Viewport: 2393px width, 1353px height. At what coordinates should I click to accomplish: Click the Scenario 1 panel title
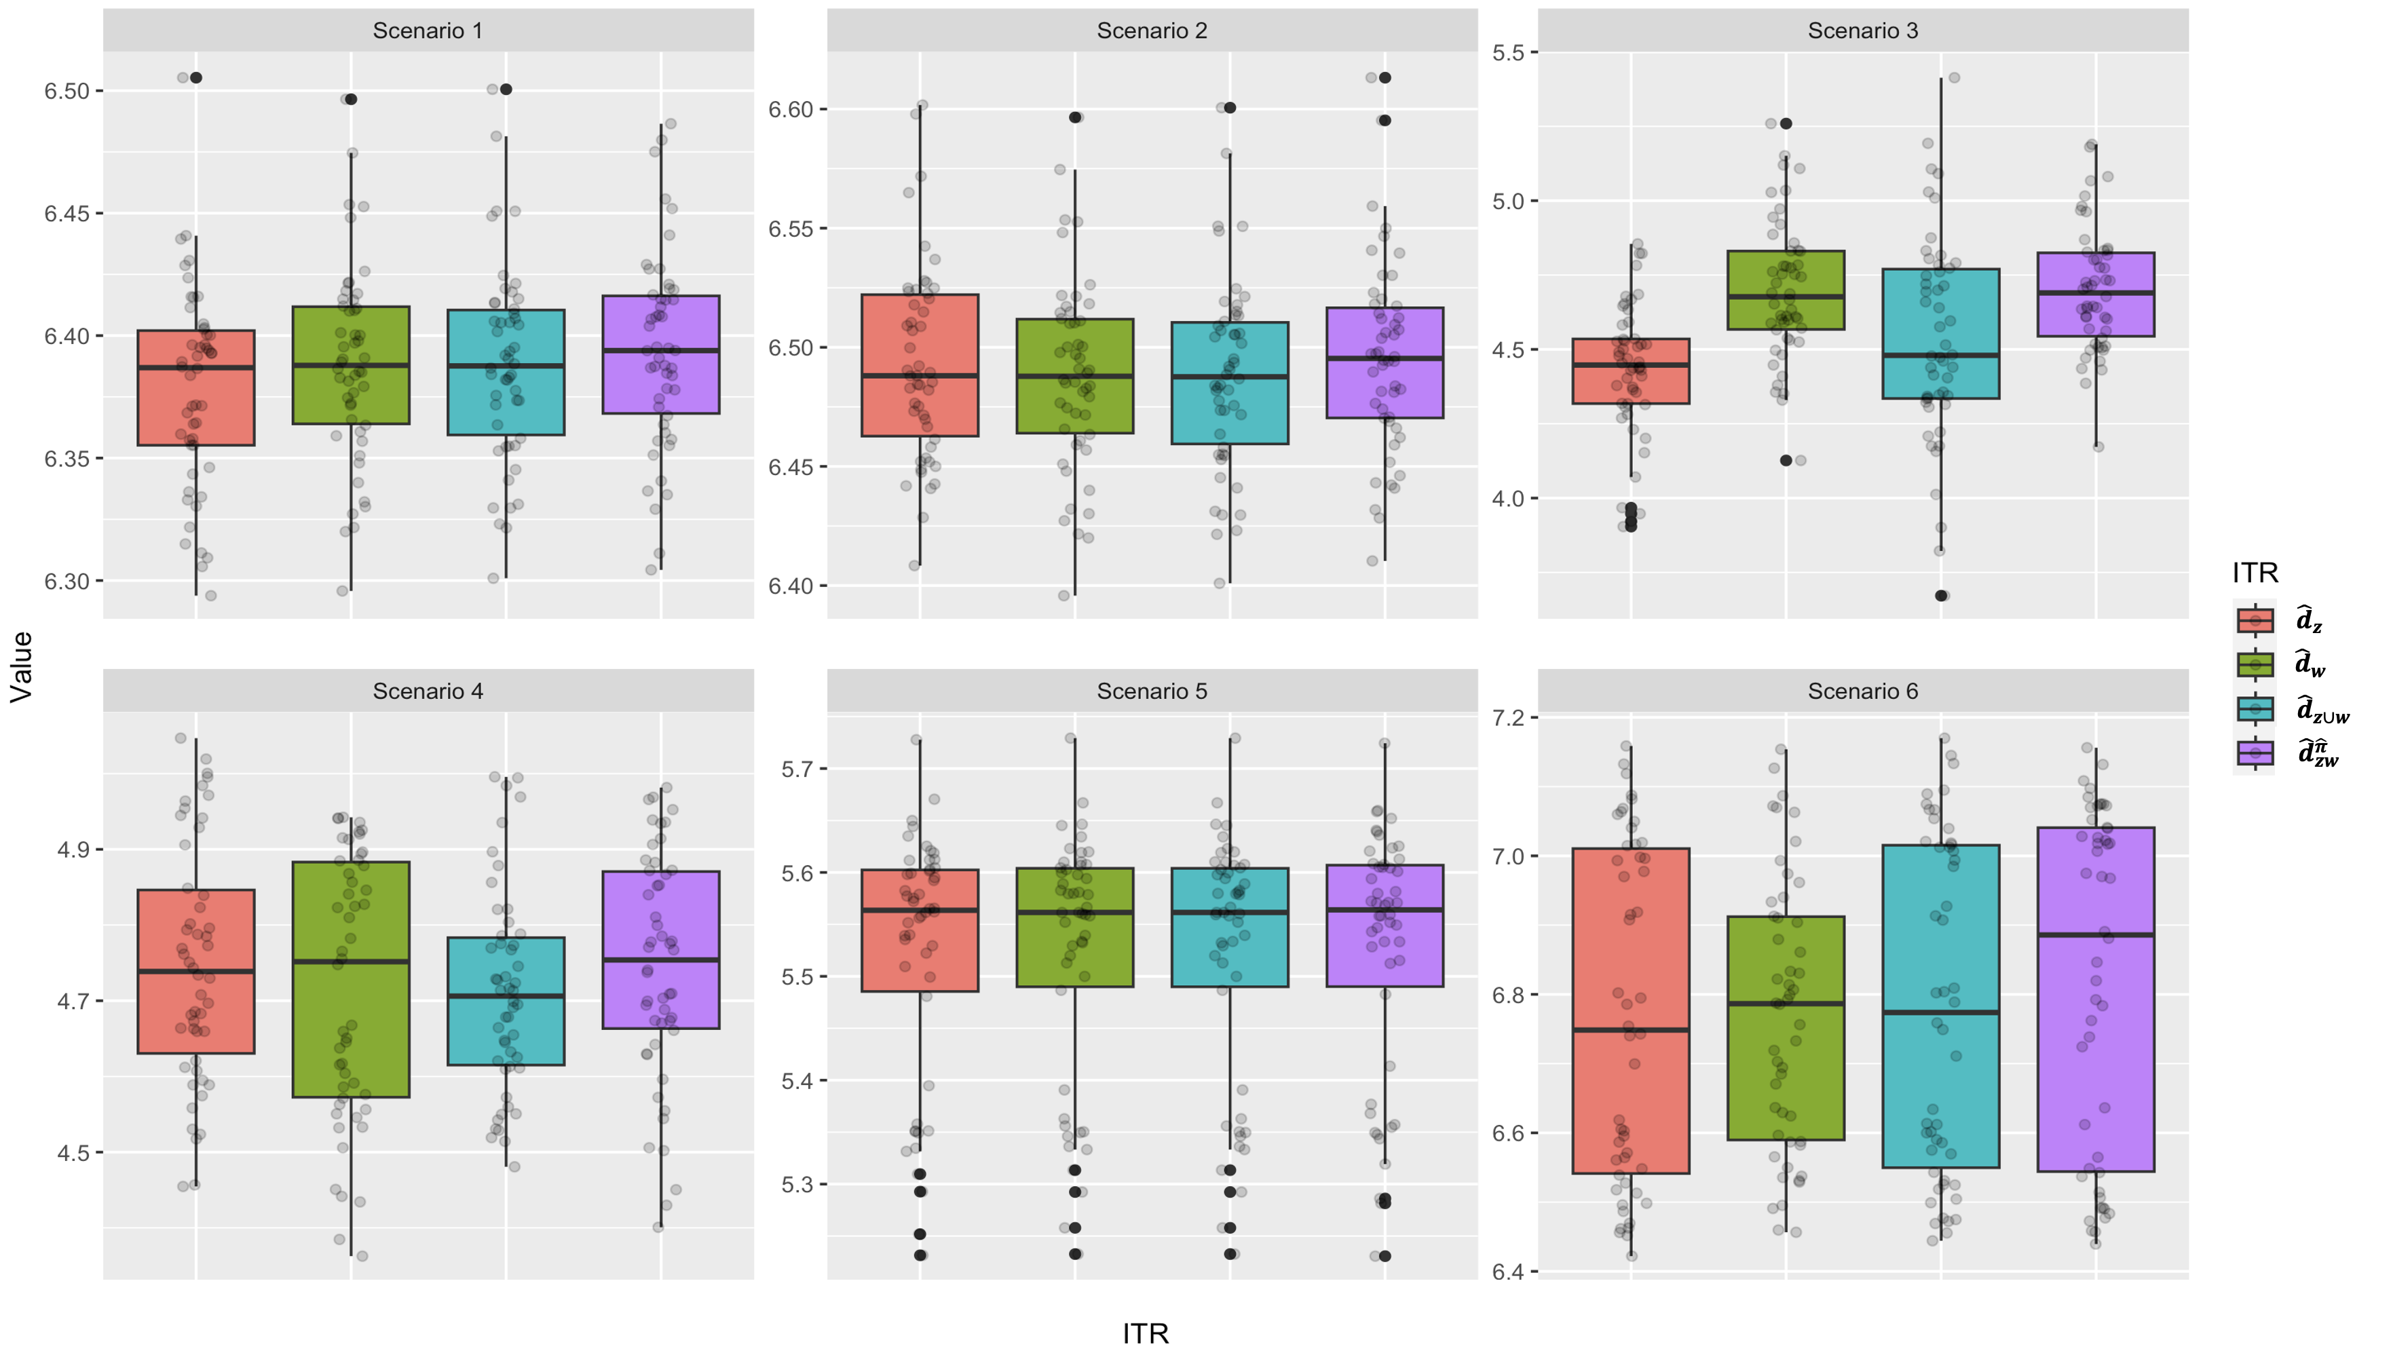(428, 31)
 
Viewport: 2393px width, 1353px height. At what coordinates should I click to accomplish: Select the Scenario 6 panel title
(1862, 691)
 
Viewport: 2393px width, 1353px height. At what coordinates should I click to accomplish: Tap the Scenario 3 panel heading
(1862, 31)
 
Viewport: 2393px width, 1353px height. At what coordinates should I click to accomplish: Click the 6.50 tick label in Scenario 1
(67, 91)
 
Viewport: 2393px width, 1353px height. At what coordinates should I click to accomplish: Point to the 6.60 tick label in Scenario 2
(791, 110)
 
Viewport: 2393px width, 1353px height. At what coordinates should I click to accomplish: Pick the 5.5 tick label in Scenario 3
(1508, 53)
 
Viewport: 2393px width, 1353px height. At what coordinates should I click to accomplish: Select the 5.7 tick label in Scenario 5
(797, 769)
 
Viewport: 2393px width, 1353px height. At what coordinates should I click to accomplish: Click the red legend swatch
(2255, 620)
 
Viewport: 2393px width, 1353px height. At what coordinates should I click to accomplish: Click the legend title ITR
(2255, 573)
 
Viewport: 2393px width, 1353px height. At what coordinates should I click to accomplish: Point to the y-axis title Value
(21, 666)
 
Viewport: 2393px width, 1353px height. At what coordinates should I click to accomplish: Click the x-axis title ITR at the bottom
(1145, 1333)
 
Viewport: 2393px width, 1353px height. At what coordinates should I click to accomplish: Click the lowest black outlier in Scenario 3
(1940, 596)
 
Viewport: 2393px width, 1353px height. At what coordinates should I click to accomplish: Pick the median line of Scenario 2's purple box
(1384, 358)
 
